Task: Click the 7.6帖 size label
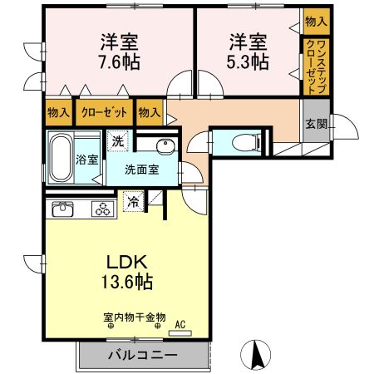click(120, 62)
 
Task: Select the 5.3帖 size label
click(248, 62)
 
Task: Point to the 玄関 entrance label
click(315, 125)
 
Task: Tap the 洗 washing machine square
click(119, 141)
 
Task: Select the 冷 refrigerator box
click(133, 200)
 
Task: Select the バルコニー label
click(141, 355)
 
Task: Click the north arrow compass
click(257, 355)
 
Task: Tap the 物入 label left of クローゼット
click(58, 111)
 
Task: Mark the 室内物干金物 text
click(135, 317)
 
